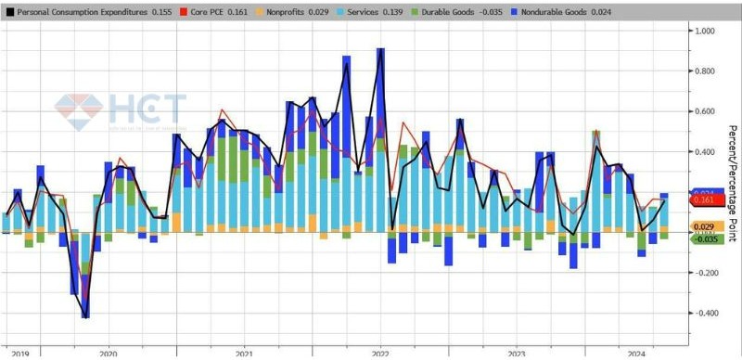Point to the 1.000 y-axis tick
tap(707, 31)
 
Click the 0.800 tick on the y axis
tap(707, 71)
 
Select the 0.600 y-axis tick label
tap(707, 111)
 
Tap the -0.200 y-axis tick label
tap(707, 273)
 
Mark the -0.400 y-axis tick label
tap(707, 313)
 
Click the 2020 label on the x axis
tap(107, 354)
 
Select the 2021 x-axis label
tap(244, 354)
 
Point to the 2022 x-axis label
tap(380, 354)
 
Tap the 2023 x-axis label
tap(517, 354)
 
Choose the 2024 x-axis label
tap(638, 354)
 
